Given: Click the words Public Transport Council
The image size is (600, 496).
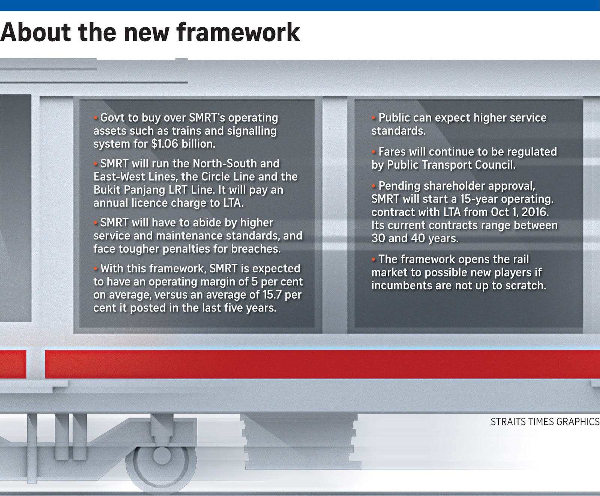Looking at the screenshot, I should coord(451,165).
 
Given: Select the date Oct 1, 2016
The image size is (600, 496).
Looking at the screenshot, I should coord(520,212).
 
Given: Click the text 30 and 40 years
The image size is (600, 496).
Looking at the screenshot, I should coord(414,239).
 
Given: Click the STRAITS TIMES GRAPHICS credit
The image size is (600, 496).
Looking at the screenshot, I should coord(545,422).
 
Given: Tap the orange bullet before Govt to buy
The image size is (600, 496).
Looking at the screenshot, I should coord(96,118).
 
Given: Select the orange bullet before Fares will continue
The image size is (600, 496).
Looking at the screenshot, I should coord(374,152).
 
